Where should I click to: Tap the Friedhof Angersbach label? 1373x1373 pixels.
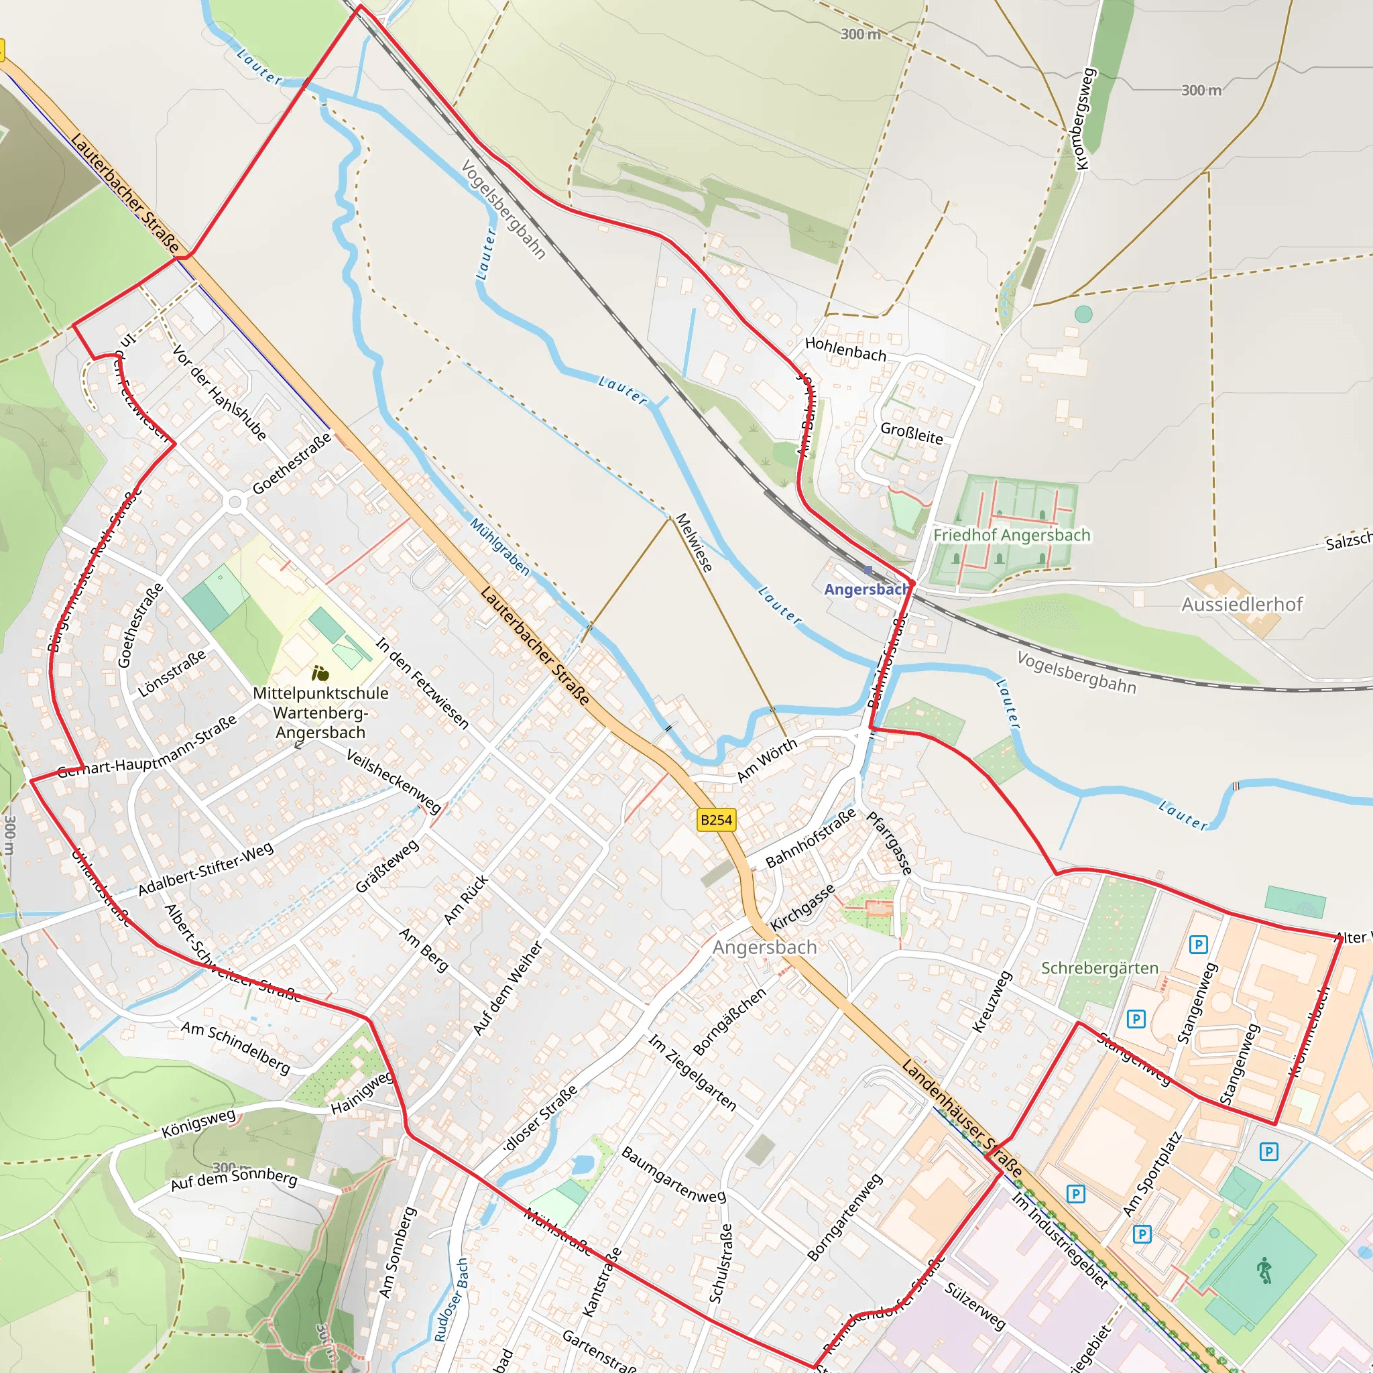pos(1011,535)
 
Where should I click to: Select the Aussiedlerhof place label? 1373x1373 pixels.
pos(1242,604)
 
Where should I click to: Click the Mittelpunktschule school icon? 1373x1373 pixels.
pos(320,672)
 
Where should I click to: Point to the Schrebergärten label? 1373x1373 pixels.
pos(1099,968)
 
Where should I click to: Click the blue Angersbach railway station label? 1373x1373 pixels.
pos(865,589)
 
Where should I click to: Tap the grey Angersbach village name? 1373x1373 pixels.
pos(764,947)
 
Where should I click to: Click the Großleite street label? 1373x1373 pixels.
pos(911,433)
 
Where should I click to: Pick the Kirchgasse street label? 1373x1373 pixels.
pos(802,908)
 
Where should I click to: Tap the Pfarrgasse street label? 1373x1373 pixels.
pos(888,843)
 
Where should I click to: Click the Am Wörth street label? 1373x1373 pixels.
pos(767,760)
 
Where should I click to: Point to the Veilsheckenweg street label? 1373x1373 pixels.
pos(393,780)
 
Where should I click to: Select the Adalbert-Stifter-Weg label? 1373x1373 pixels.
pos(205,868)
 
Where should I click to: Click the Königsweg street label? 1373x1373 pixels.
pos(198,1123)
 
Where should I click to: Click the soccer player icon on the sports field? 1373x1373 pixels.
pos(1264,1270)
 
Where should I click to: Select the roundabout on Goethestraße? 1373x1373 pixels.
pos(235,502)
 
